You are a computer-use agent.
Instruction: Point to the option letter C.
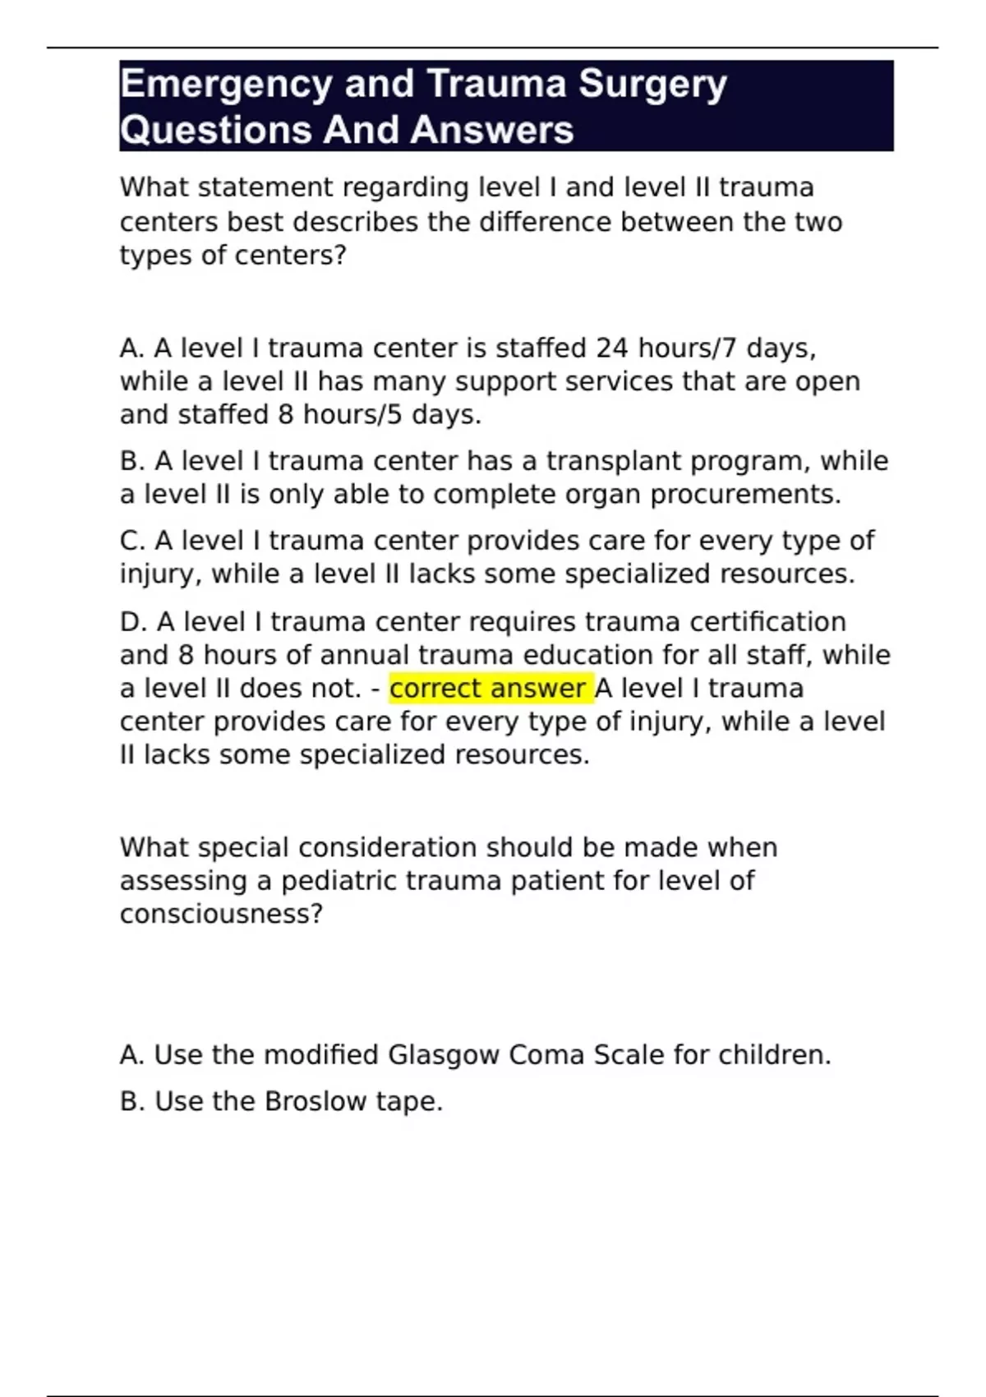pos(131,541)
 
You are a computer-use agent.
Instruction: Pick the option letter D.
pos(131,622)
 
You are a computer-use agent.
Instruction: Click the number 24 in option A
pos(612,348)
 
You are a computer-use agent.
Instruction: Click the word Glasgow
pos(443,1055)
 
